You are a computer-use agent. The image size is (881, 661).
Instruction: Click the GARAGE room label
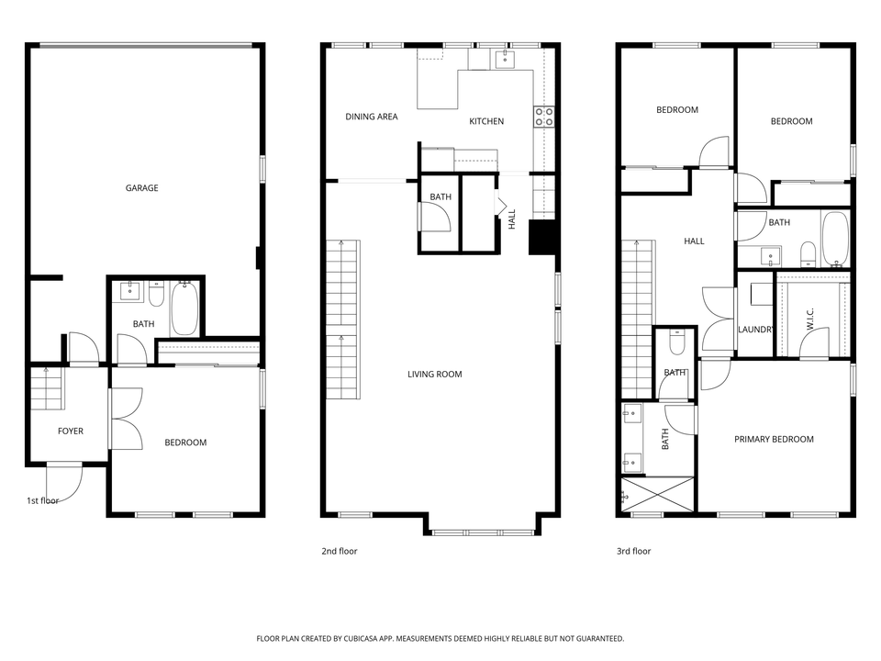pyautogui.click(x=141, y=188)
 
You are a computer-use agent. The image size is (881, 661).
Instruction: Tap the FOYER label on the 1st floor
pyautogui.click(x=71, y=431)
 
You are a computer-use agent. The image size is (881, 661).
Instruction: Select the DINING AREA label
pyautogui.click(x=372, y=117)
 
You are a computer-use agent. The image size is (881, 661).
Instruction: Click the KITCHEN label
pyautogui.click(x=486, y=121)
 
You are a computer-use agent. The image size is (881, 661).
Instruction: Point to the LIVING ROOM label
pyautogui.click(x=435, y=374)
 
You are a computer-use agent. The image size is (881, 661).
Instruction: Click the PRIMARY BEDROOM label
pyautogui.click(x=774, y=439)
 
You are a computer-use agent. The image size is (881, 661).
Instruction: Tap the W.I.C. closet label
pyautogui.click(x=811, y=319)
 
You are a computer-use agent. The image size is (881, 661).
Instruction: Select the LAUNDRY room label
pyautogui.click(x=757, y=330)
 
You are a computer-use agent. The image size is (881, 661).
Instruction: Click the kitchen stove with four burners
pyautogui.click(x=543, y=117)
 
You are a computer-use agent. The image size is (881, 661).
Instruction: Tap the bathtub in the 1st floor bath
pyautogui.click(x=184, y=309)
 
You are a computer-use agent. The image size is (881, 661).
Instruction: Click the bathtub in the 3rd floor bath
pyautogui.click(x=834, y=239)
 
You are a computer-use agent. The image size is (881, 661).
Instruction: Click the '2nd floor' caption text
pyautogui.click(x=340, y=551)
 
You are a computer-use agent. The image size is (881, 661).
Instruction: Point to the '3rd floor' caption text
pyautogui.click(x=633, y=551)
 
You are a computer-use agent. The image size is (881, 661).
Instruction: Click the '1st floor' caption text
pyautogui.click(x=42, y=500)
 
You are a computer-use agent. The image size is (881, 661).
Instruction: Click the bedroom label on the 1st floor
pyautogui.click(x=185, y=443)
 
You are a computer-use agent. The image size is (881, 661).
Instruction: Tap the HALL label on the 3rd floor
pyautogui.click(x=694, y=241)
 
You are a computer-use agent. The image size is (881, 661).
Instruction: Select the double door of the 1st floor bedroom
pyautogui.click(x=126, y=419)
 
